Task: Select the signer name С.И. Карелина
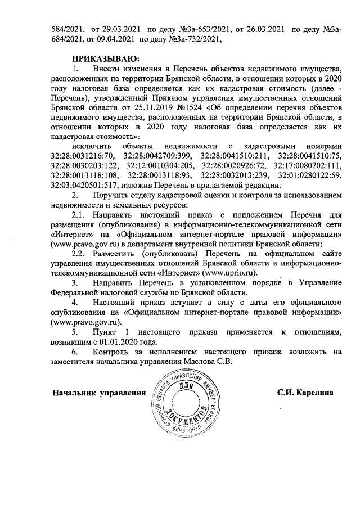[306, 391]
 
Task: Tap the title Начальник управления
[95, 392]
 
